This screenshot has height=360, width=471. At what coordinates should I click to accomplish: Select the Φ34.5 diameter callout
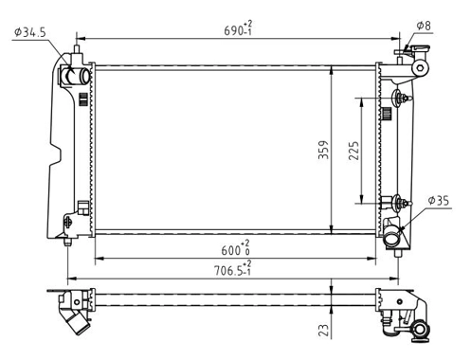(30, 32)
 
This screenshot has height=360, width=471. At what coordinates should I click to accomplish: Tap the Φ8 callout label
(424, 26)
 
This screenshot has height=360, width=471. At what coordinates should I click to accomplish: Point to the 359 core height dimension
(323, 150)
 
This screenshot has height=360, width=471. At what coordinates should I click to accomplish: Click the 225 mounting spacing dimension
(354, 151)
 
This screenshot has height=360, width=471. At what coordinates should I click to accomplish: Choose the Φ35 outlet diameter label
(439, 200)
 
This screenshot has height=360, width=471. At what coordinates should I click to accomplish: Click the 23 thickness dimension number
(323, 330)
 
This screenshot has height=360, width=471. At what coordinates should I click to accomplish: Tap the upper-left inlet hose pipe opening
(84, 76)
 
